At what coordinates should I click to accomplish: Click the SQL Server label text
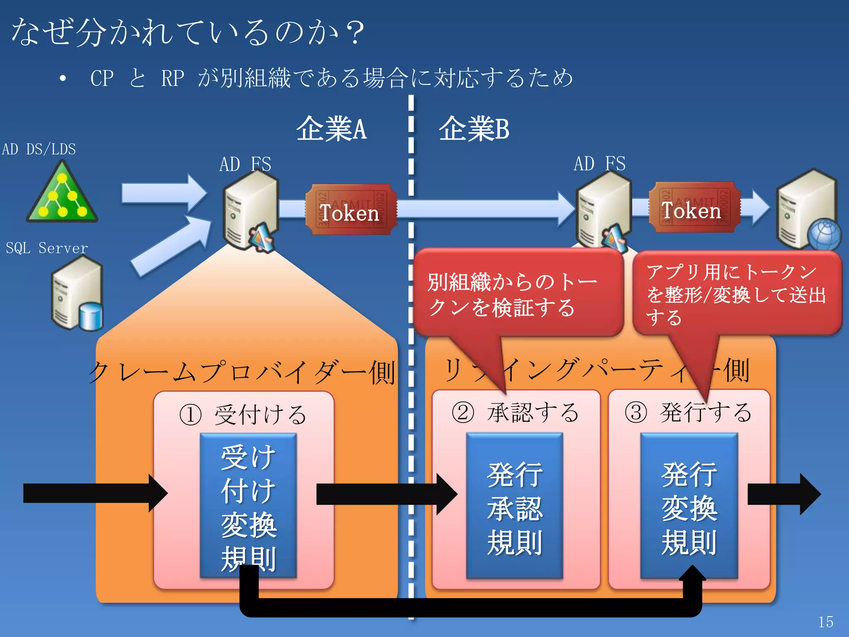pos(46,248)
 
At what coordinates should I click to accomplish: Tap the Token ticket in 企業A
pos(351,210)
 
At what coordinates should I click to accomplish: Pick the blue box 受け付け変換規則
pos(248,506)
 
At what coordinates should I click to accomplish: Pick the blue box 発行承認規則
pos(514,506)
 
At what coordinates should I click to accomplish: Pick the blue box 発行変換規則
pos(689,506)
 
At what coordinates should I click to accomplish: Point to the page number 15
pos(825,622)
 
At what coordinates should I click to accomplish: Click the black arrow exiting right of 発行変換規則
pos(784,494)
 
